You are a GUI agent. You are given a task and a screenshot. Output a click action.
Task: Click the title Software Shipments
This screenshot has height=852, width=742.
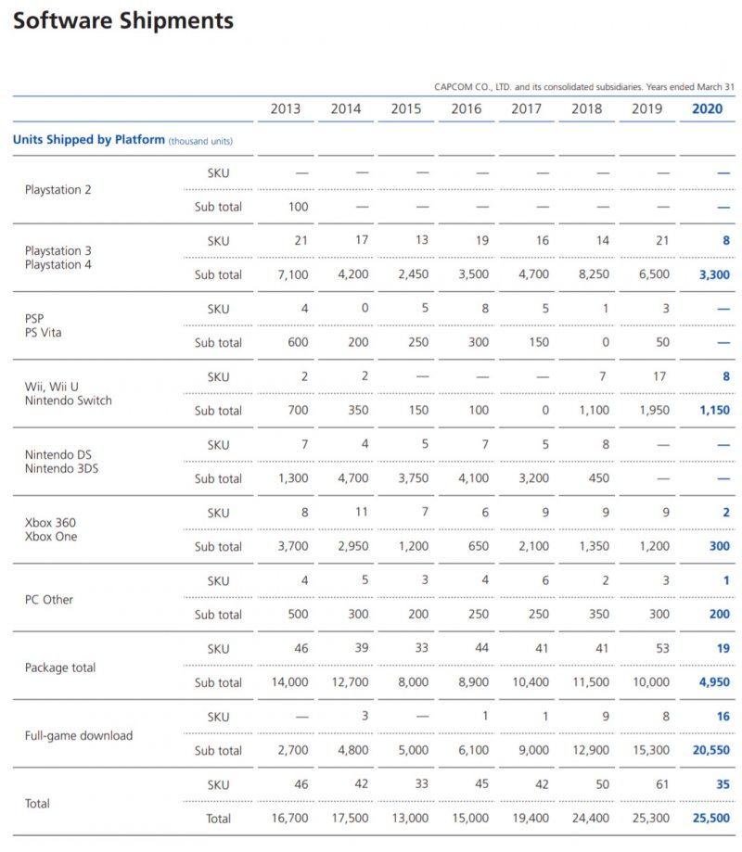click(123, 21)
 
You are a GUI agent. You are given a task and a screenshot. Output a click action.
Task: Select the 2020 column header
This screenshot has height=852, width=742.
click(708, 108)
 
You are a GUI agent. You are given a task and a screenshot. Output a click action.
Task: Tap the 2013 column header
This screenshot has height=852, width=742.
click(286, 108)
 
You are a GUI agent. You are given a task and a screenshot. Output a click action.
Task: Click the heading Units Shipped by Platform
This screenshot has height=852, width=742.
click(89, 140)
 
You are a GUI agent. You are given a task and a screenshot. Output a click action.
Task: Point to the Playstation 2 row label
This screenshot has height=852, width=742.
click(59, 190)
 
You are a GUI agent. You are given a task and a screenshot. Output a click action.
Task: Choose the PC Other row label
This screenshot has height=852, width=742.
click(49, 599)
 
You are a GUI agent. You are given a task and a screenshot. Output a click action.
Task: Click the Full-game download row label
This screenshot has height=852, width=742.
click(79, 735)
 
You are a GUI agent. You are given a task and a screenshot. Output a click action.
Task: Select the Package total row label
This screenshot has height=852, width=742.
click(60, 668)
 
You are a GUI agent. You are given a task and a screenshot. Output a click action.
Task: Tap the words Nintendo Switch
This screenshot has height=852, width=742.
click(69, 401)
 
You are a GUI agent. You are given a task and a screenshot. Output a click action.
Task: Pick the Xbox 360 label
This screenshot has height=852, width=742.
click(50, 523)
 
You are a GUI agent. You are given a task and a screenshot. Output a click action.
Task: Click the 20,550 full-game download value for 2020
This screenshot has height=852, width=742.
click(710, 751)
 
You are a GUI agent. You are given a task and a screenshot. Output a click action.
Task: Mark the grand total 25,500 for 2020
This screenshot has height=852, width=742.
click(710, 819)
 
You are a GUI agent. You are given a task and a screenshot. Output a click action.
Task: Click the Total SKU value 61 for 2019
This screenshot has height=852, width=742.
click(661, 784)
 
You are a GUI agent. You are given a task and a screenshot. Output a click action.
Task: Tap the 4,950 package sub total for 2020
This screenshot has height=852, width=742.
click(713, 682)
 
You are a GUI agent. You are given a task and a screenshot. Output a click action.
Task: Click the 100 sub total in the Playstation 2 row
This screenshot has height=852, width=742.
click(298, 207)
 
